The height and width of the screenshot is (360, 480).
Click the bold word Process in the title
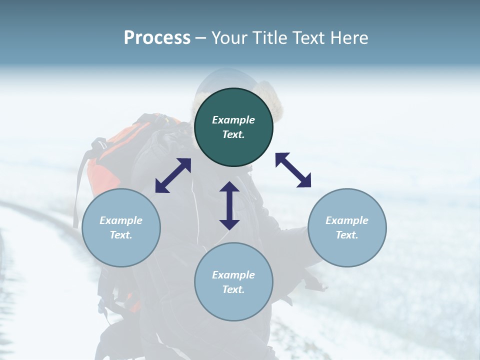[157, 37]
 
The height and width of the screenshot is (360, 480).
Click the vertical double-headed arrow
[229, 205]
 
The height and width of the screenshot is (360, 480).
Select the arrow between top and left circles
[173, 175]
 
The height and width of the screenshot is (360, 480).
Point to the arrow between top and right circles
[293, 170]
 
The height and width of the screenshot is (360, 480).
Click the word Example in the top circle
[233, 120]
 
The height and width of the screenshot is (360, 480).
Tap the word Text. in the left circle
[121, 235]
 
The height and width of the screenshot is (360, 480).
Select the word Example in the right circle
[347, 220]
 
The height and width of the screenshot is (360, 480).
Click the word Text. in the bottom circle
[233, 289]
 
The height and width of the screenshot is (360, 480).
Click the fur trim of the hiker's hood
[276, 107]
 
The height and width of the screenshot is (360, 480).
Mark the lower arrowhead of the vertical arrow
[229, 224]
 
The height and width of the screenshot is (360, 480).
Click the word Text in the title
[307, 37]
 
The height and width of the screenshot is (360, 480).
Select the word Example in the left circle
[121, 220]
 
